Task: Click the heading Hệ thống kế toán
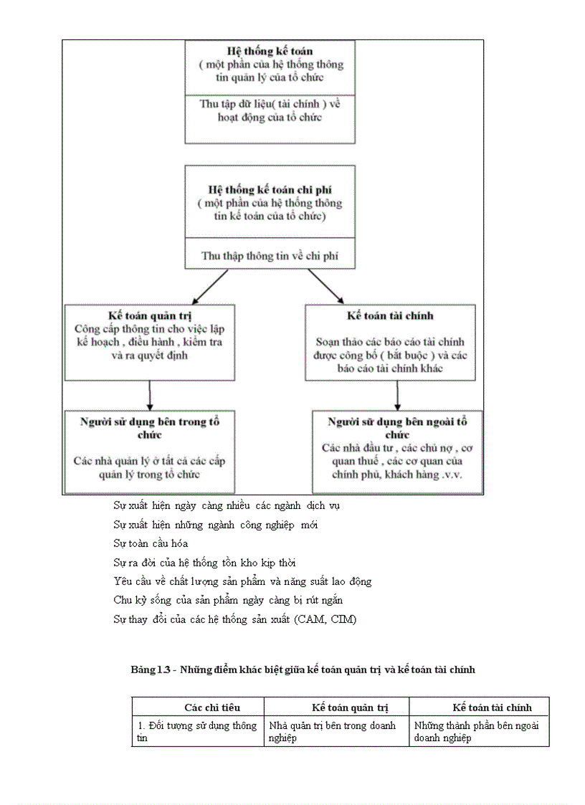pos(270,52)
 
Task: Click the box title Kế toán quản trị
pos(150,315)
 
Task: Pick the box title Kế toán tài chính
pos(390,315)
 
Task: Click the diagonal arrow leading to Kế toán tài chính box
pos(327,287)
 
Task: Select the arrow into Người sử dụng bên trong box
pos(150,395)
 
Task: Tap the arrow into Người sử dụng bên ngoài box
pos(397,395)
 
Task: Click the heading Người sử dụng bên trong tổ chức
pos(150,428)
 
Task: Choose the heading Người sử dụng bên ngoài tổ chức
pos(397,428)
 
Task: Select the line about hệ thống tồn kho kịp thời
pos(204,563)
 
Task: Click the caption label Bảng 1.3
pos(151,670)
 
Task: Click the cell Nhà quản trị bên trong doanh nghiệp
pos(332,731)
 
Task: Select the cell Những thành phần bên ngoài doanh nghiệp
pos(477,731)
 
